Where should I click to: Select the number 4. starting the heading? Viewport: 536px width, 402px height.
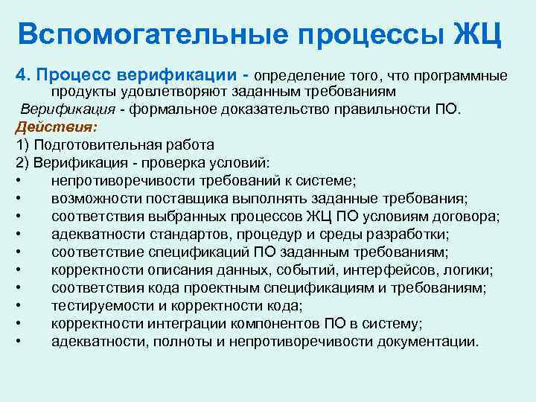click(22, 76)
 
